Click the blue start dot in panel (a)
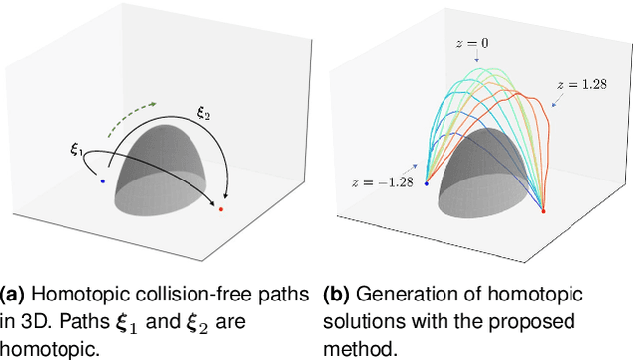102,181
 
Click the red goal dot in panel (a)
220,210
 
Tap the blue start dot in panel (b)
426,183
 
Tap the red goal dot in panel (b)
544,211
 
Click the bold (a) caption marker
14,295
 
